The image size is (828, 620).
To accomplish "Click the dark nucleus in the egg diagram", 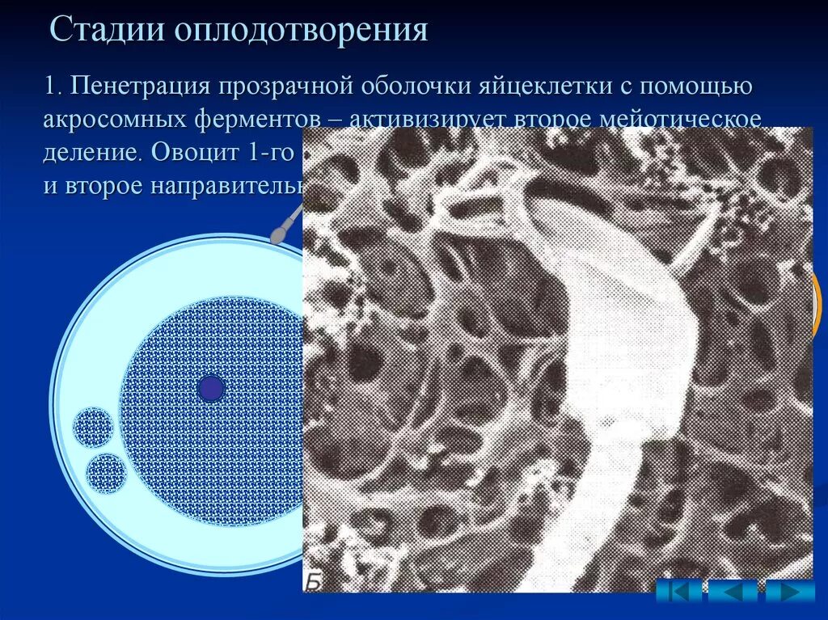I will [x=210, y=389].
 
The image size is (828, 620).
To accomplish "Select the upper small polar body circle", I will [x=92, y=427].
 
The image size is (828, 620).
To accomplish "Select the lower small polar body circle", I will [x=106, y=473].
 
